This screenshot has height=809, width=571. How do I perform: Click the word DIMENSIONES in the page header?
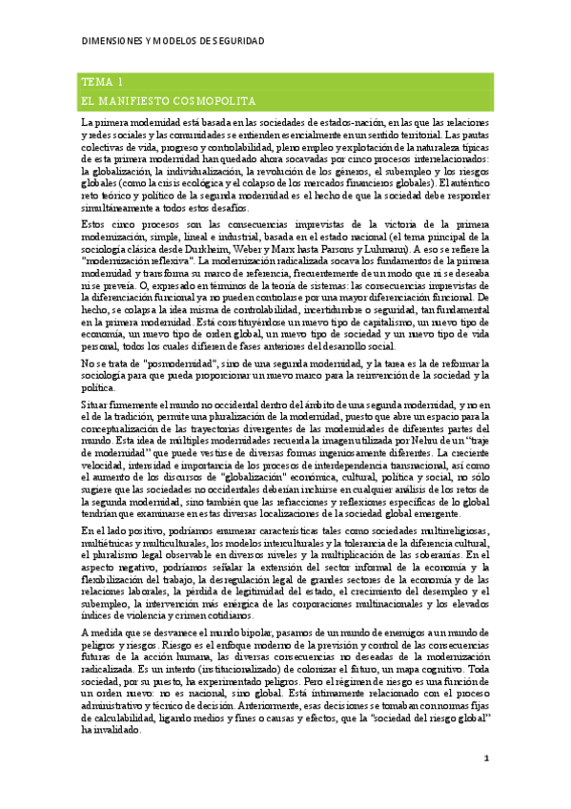tap(111, 43)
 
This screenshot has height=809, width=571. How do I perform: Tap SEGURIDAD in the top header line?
tap(235, 43)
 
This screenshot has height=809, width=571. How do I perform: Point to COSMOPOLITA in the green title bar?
tap(239, 100)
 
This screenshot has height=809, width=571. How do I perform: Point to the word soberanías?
tap(461, 554)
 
